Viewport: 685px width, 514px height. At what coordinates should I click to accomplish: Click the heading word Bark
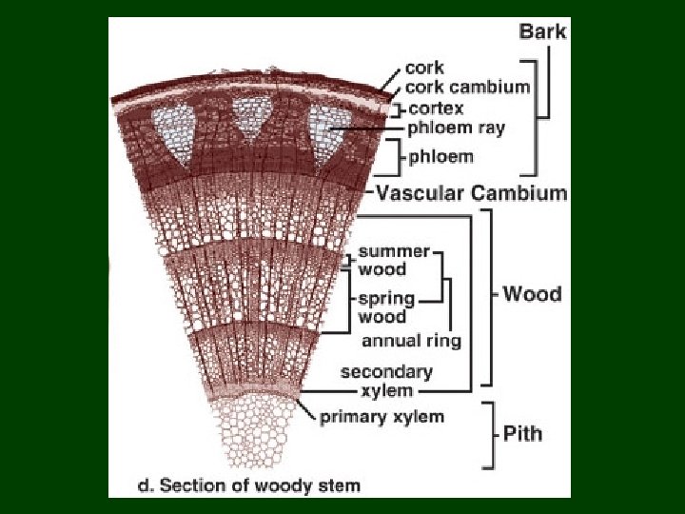pyautogui.click(x=542, y=32)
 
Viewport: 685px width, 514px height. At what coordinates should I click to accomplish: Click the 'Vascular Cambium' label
pyautogui.click(x=472, y=193)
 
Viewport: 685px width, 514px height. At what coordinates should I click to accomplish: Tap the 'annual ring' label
pyautogui.click(x=411, y=340)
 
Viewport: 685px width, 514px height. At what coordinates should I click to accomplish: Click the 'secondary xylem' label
pyautogui.click(x=386, y=381)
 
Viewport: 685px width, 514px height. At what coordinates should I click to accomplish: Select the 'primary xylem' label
pyautogui.click(x=382, y=417)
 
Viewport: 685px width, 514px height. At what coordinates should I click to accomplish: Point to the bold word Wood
pyautogui.click(x=532, y=293)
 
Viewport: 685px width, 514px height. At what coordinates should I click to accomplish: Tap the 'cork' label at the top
pyautogui.click(x=423, y=68)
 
